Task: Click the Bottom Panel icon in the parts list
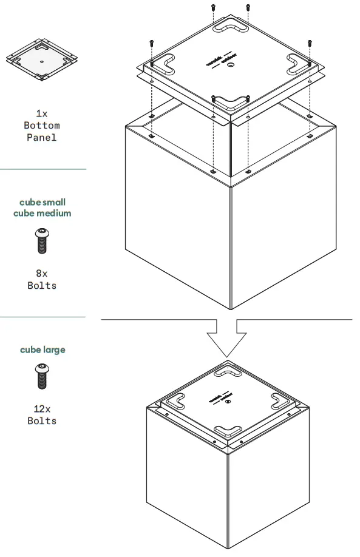[x=41, y=59]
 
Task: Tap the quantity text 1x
[x=41, y=113]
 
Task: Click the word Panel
[x=41, y=138]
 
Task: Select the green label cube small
[x=42, y=202]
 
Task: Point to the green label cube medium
[x=42, y=213]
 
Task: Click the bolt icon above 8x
[x=42, y=240]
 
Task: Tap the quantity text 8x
[x=41, y=274]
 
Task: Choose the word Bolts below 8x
[x=41, y=286]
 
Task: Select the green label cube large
[x=42, y=349]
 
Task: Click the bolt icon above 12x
[x=42, y=376]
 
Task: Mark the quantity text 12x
[x=41, y=409]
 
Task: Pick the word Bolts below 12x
[x=41, y=421]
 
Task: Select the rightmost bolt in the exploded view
[x=310, y=43]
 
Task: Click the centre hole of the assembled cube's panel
[x=228, y=401]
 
